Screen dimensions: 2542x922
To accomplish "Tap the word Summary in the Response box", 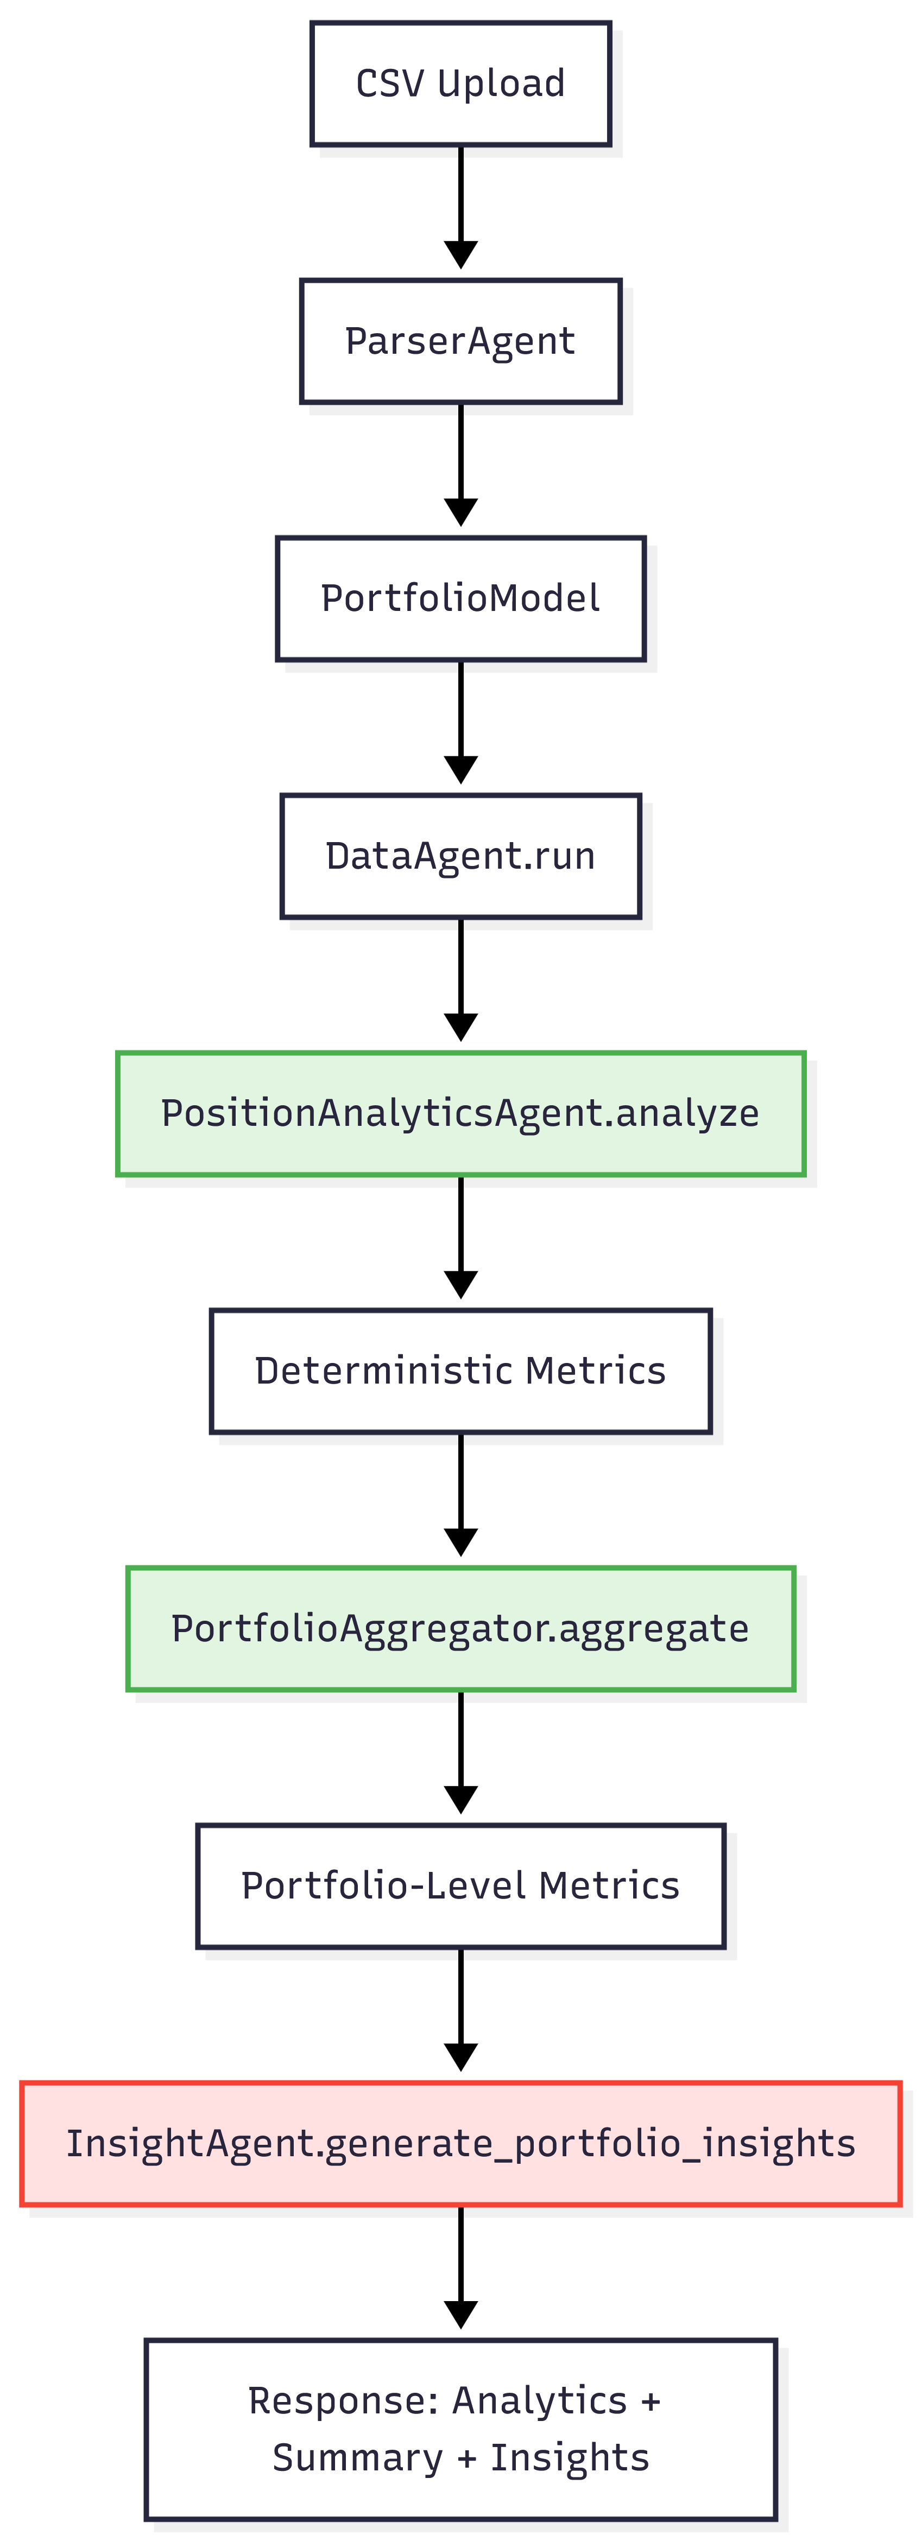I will coord(357,2458).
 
